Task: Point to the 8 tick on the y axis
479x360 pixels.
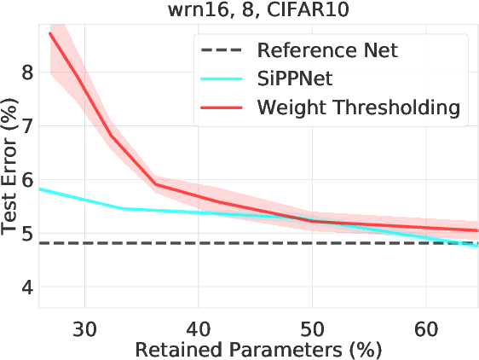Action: pyautogui.click(x=27, y=73)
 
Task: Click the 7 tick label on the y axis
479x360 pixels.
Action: pyautogui.click(x=27, y=126)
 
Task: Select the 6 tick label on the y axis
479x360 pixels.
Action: pyautogui.click(x=27, y=180)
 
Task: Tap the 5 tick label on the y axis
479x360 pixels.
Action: pyautogui.click(x=27, y=234)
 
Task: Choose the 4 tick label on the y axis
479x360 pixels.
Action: pyautogui.click(x=27, y=287)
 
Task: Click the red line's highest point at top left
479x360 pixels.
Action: pyautogui.click(x=51, y=33)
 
